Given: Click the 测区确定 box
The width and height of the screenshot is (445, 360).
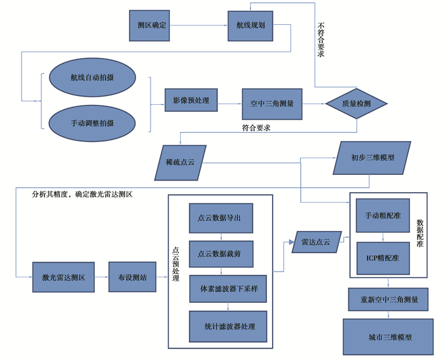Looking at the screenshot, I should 151,26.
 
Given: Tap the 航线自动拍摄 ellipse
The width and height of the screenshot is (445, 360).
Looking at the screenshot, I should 93,78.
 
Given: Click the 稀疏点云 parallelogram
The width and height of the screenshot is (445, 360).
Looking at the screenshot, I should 179,163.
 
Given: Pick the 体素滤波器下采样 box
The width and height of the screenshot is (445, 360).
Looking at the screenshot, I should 228,289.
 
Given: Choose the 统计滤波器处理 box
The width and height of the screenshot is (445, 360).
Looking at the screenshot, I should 228,326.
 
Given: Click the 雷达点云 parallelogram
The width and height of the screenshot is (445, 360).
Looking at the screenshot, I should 315,242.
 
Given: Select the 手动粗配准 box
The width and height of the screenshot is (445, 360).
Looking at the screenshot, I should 382,216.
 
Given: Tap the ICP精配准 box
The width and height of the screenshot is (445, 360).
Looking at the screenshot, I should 382,258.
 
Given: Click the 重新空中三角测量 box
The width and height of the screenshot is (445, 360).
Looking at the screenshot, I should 387,300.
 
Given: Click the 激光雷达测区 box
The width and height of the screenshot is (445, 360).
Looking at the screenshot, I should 64,278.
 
